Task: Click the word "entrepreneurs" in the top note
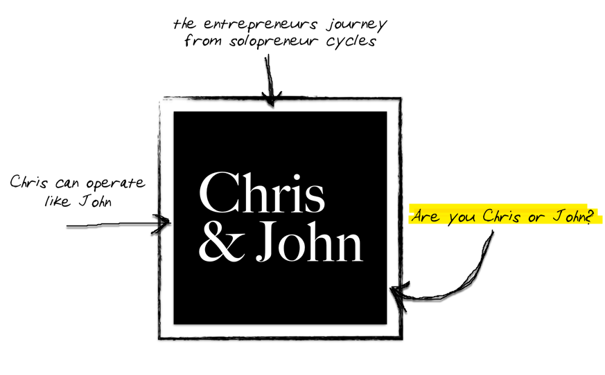258,24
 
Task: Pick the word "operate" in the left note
116,184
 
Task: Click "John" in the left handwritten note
94,202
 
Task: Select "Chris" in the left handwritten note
28,183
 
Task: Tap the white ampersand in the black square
218,244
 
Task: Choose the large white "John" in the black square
309,243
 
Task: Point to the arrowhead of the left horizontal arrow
166,223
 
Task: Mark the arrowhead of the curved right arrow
394,291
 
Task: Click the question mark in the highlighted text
590,217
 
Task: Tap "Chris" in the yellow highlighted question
501,217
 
